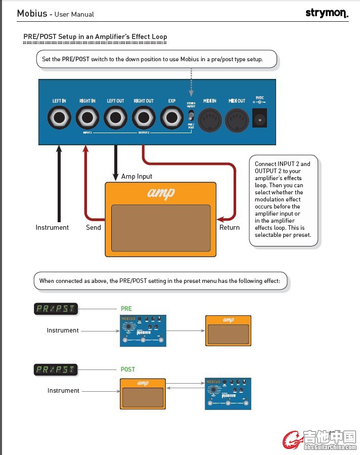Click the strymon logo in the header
tap(327, 13)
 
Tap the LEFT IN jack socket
tap(59, 119)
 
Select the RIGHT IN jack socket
tap(87, 119)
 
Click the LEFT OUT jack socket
tap(115, 119)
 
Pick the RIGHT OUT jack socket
tap(144, 119)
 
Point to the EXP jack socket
tap(172, 119)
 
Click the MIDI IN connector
tap(209, 120)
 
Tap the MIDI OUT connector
tap(237, 120)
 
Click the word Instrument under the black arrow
tap(52, 228)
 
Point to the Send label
tap(94, 228)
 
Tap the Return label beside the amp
tap(230, 228)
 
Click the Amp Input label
tap(137, 177)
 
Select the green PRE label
tap(126, 309)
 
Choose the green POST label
tap(128, 369)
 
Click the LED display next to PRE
tap(56, 309)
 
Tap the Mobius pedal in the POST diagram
tap(228, 393)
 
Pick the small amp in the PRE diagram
tap(228, 330)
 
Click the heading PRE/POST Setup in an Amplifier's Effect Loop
tap(95, 37)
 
